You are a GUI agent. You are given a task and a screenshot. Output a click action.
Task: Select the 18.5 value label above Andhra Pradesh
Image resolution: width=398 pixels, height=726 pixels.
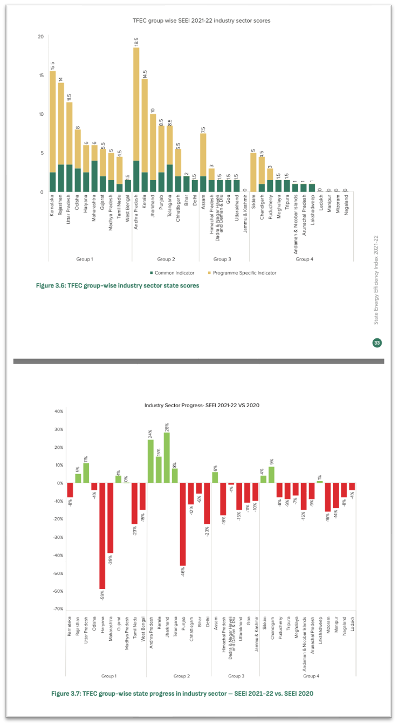(136, 42)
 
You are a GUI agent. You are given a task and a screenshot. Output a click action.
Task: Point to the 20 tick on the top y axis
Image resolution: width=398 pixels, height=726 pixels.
(41, 37)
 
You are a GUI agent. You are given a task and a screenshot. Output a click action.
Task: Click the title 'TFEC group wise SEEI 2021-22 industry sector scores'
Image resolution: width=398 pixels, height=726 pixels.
(201, 20)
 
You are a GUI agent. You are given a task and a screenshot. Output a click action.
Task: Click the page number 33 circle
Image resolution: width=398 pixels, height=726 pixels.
(377, 343)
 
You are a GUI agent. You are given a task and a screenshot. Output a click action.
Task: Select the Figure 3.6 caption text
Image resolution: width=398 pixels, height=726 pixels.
(117, 285)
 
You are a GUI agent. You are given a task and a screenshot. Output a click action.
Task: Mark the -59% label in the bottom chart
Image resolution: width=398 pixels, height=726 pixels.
(102, 595)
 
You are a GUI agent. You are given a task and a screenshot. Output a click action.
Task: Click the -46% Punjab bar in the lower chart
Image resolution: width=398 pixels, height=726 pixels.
(183, 524)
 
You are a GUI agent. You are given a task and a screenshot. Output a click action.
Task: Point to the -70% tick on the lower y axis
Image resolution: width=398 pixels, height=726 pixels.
(58, 608)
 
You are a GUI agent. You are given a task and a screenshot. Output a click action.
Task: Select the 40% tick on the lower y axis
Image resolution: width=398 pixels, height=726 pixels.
(58, 412)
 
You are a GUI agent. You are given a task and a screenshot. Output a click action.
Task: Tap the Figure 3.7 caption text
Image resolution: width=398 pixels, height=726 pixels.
(182, 693)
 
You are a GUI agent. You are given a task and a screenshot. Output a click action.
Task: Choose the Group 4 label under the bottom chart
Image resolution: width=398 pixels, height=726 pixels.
(311, 675)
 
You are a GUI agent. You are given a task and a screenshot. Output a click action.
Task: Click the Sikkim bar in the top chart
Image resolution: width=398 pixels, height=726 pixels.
(253, 172)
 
